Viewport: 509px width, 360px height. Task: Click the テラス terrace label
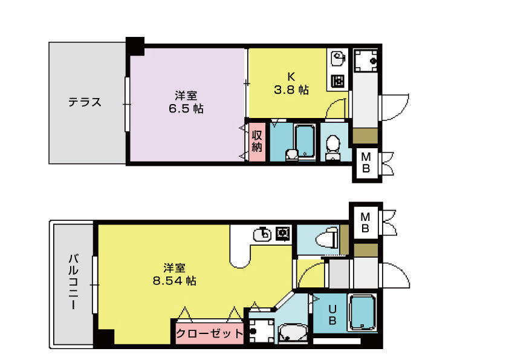click(85, 102)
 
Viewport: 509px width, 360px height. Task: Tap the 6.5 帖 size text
click(186, 108)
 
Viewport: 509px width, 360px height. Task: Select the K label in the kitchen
click(291, 77)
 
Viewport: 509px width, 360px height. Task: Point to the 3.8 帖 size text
click(291, 90)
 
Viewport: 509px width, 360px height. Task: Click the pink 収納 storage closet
click(257, 142)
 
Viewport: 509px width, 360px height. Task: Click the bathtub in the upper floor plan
click(305, 141)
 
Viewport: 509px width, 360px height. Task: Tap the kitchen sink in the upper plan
click(337, 59)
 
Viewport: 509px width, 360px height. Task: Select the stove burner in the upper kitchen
click(337, 81)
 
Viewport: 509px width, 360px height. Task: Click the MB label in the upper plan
click(366, 163)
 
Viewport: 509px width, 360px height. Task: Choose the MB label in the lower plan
click(365, 223)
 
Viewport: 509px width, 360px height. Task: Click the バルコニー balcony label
click(74, 281)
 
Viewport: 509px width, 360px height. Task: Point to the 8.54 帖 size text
click(174, 281)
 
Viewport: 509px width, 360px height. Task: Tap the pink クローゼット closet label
click(209, 333)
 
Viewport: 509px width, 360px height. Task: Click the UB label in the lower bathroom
click(332, 315)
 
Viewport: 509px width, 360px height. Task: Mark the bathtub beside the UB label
click(363, 312)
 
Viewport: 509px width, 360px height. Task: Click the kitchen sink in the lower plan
click(262, 234)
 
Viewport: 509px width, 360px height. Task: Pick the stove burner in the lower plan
click(282, 234)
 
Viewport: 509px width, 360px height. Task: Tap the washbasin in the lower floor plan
click(293, 333)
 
